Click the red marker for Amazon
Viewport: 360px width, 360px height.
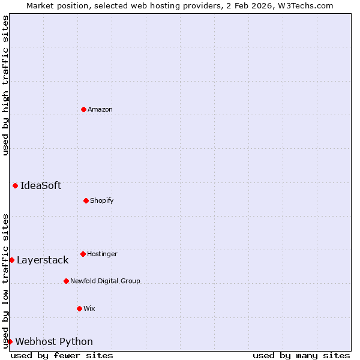83,109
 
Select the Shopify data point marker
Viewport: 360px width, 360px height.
86,200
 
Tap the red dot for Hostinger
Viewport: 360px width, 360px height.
83,254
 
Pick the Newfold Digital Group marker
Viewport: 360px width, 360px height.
66,281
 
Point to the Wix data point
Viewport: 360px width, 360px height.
79,308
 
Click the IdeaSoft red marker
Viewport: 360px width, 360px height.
15,185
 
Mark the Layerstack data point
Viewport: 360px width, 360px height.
11,260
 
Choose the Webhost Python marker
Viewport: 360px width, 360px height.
10,341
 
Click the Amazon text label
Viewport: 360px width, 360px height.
100,109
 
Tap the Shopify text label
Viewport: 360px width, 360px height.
102,200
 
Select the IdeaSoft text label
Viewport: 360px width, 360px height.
41,185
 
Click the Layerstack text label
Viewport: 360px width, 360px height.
43,260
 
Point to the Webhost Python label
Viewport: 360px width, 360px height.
54,341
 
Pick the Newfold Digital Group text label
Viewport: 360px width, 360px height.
105,281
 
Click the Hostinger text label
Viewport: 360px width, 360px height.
102,254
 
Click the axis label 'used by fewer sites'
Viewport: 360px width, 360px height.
62,355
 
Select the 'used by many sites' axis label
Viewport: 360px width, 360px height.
301,355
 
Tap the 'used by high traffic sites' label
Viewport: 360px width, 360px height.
5,85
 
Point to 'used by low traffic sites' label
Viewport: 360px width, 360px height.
5,281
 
